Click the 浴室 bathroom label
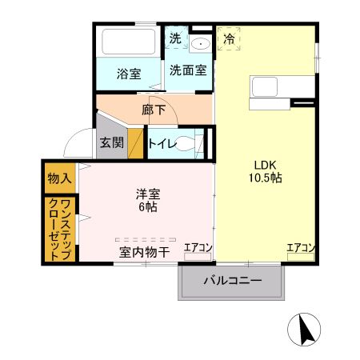pyautogui.click(x=129, y=74)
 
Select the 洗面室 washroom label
pyautogui.click(x=188, y=70)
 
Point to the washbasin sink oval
pyautogui.click(x=201, y=44)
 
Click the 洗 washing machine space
pyautogui.click(x=176, y=38)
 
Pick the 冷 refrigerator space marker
pyautogui.click(x=229, y=38)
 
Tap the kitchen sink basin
pyautogui.click(x=265, y=86)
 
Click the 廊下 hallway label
pyautogui.click(x=154, y=110)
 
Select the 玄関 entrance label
pyautogui.click(x=112, y=142)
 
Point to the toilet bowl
pyautogui.click(x=185, y=143)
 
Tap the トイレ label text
pyautogui.click(x=162, y=144)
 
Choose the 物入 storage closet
pyautogui.click(x=60, y=178)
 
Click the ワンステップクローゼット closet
pyautogui.click(x=60, y=230)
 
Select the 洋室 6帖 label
pyautogui.click(x=148, y=200)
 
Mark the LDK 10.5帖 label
pyautogui.click(x=266, y=171)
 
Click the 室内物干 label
pyautogui.click(x=144, y=252)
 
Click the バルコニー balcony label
pyautogui.click(x=233, y=281)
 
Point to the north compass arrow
pyautogui.click(x=306, y=330)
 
